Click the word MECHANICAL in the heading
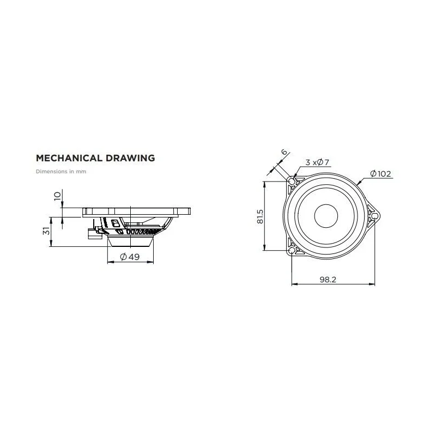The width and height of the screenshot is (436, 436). click(x=69, y=158)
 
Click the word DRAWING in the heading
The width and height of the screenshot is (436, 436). click(x=130, y=158)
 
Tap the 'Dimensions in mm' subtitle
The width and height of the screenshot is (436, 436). click(x=61, y=172)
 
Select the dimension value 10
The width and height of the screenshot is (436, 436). click(x=57, y=196)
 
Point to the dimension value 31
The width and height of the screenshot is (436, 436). click(x=46, y=231)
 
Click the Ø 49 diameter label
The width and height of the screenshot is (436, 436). click(x=130, y=257)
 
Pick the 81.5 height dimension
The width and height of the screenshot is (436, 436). click(x=260, y=216)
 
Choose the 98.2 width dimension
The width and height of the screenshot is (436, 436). click(x=328, y=280)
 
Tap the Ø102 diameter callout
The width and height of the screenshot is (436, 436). click(x=380, y=174)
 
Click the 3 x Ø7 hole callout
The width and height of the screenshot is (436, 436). click(x=317, y=162)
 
